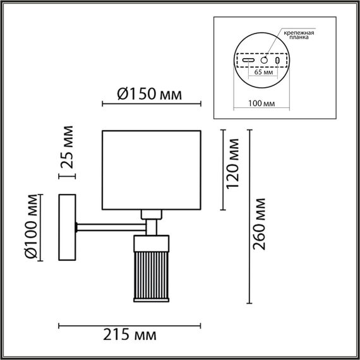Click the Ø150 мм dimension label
pyautogui.click(x=150, y=95)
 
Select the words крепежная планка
pyautogui.click(x=301, y=34)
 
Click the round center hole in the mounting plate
pyautogui.click(x=265, y=59)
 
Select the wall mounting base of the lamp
pyautogui.click(x=66, y=227)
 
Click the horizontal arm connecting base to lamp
pyautogui.click(x=111, y=224)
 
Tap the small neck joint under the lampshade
pyautogui.click(x=151, y=215)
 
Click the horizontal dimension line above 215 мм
pyautogui.click(x=129, y=326)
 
